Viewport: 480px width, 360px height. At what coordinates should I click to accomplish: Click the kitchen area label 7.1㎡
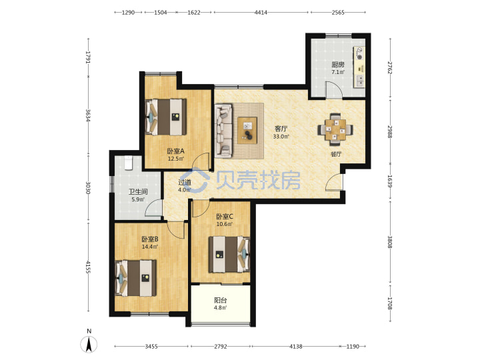coord(337,72)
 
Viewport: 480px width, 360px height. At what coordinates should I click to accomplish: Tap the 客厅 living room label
coord(281,128)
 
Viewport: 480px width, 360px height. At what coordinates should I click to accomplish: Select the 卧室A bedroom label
coord(175,151)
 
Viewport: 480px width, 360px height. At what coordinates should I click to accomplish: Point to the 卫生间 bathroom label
coord(138,191)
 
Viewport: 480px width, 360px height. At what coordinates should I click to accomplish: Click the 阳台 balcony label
coord(221,300)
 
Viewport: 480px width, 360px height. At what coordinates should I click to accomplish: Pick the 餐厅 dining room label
coord(336,154)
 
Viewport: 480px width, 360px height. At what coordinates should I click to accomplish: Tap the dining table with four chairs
coord(335,129)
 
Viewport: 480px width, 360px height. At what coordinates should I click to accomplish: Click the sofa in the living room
coord(223,131)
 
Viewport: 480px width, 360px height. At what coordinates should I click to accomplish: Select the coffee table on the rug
coord(247,130)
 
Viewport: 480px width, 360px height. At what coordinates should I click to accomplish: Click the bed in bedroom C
coord(229,254)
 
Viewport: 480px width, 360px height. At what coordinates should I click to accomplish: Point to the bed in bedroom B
coord(135,278)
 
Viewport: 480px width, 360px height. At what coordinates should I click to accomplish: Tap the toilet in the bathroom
coord(128,163)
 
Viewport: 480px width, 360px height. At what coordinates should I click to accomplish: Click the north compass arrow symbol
coord(89,344)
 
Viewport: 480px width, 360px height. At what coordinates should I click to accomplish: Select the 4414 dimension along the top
coord(261,12)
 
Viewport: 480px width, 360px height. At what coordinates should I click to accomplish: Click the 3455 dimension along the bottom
coord(151,346)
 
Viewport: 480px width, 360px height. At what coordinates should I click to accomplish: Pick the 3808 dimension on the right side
coord(390,241)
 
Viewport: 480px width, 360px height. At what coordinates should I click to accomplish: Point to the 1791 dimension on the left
coord(88,57)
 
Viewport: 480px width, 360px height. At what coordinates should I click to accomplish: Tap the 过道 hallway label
coord(185,183)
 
